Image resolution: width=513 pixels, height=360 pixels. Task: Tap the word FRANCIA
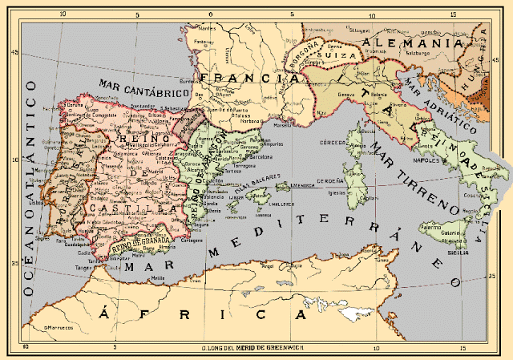(244, 79)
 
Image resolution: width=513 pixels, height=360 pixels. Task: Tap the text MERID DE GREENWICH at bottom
(273, 347)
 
